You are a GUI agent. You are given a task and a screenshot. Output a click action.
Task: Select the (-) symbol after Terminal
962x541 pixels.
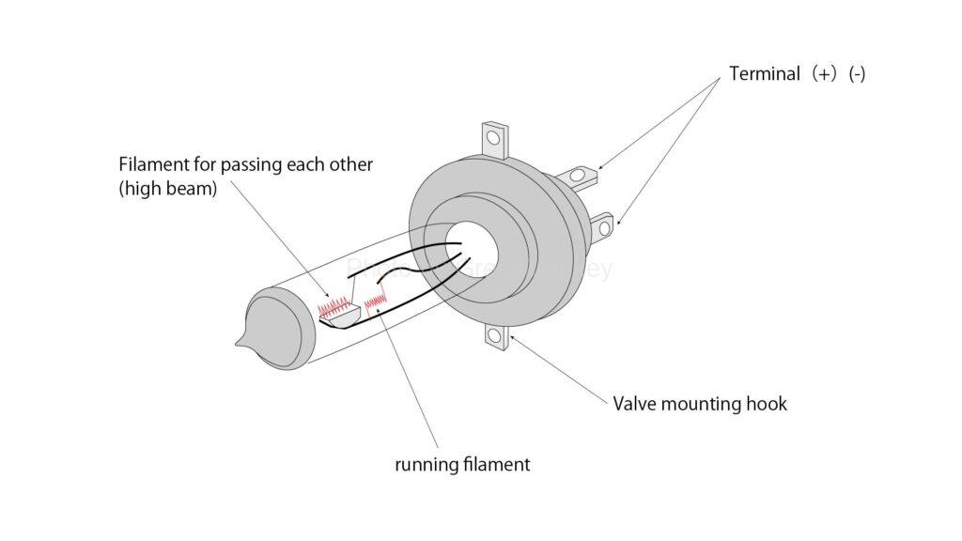coord(856,74)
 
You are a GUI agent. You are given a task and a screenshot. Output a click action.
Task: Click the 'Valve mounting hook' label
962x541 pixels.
coord(700,405)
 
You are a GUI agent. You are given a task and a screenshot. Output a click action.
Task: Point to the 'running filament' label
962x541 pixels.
coord(462,464)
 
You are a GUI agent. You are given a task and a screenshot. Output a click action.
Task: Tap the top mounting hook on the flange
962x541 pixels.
coord(494,138)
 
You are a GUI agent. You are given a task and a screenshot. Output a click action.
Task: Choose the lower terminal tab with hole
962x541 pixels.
coord(601,226)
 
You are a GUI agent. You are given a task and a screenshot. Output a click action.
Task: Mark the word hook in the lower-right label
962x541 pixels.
coord(768,405)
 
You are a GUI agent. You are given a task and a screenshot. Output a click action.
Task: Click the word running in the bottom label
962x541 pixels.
coord(424,464)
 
